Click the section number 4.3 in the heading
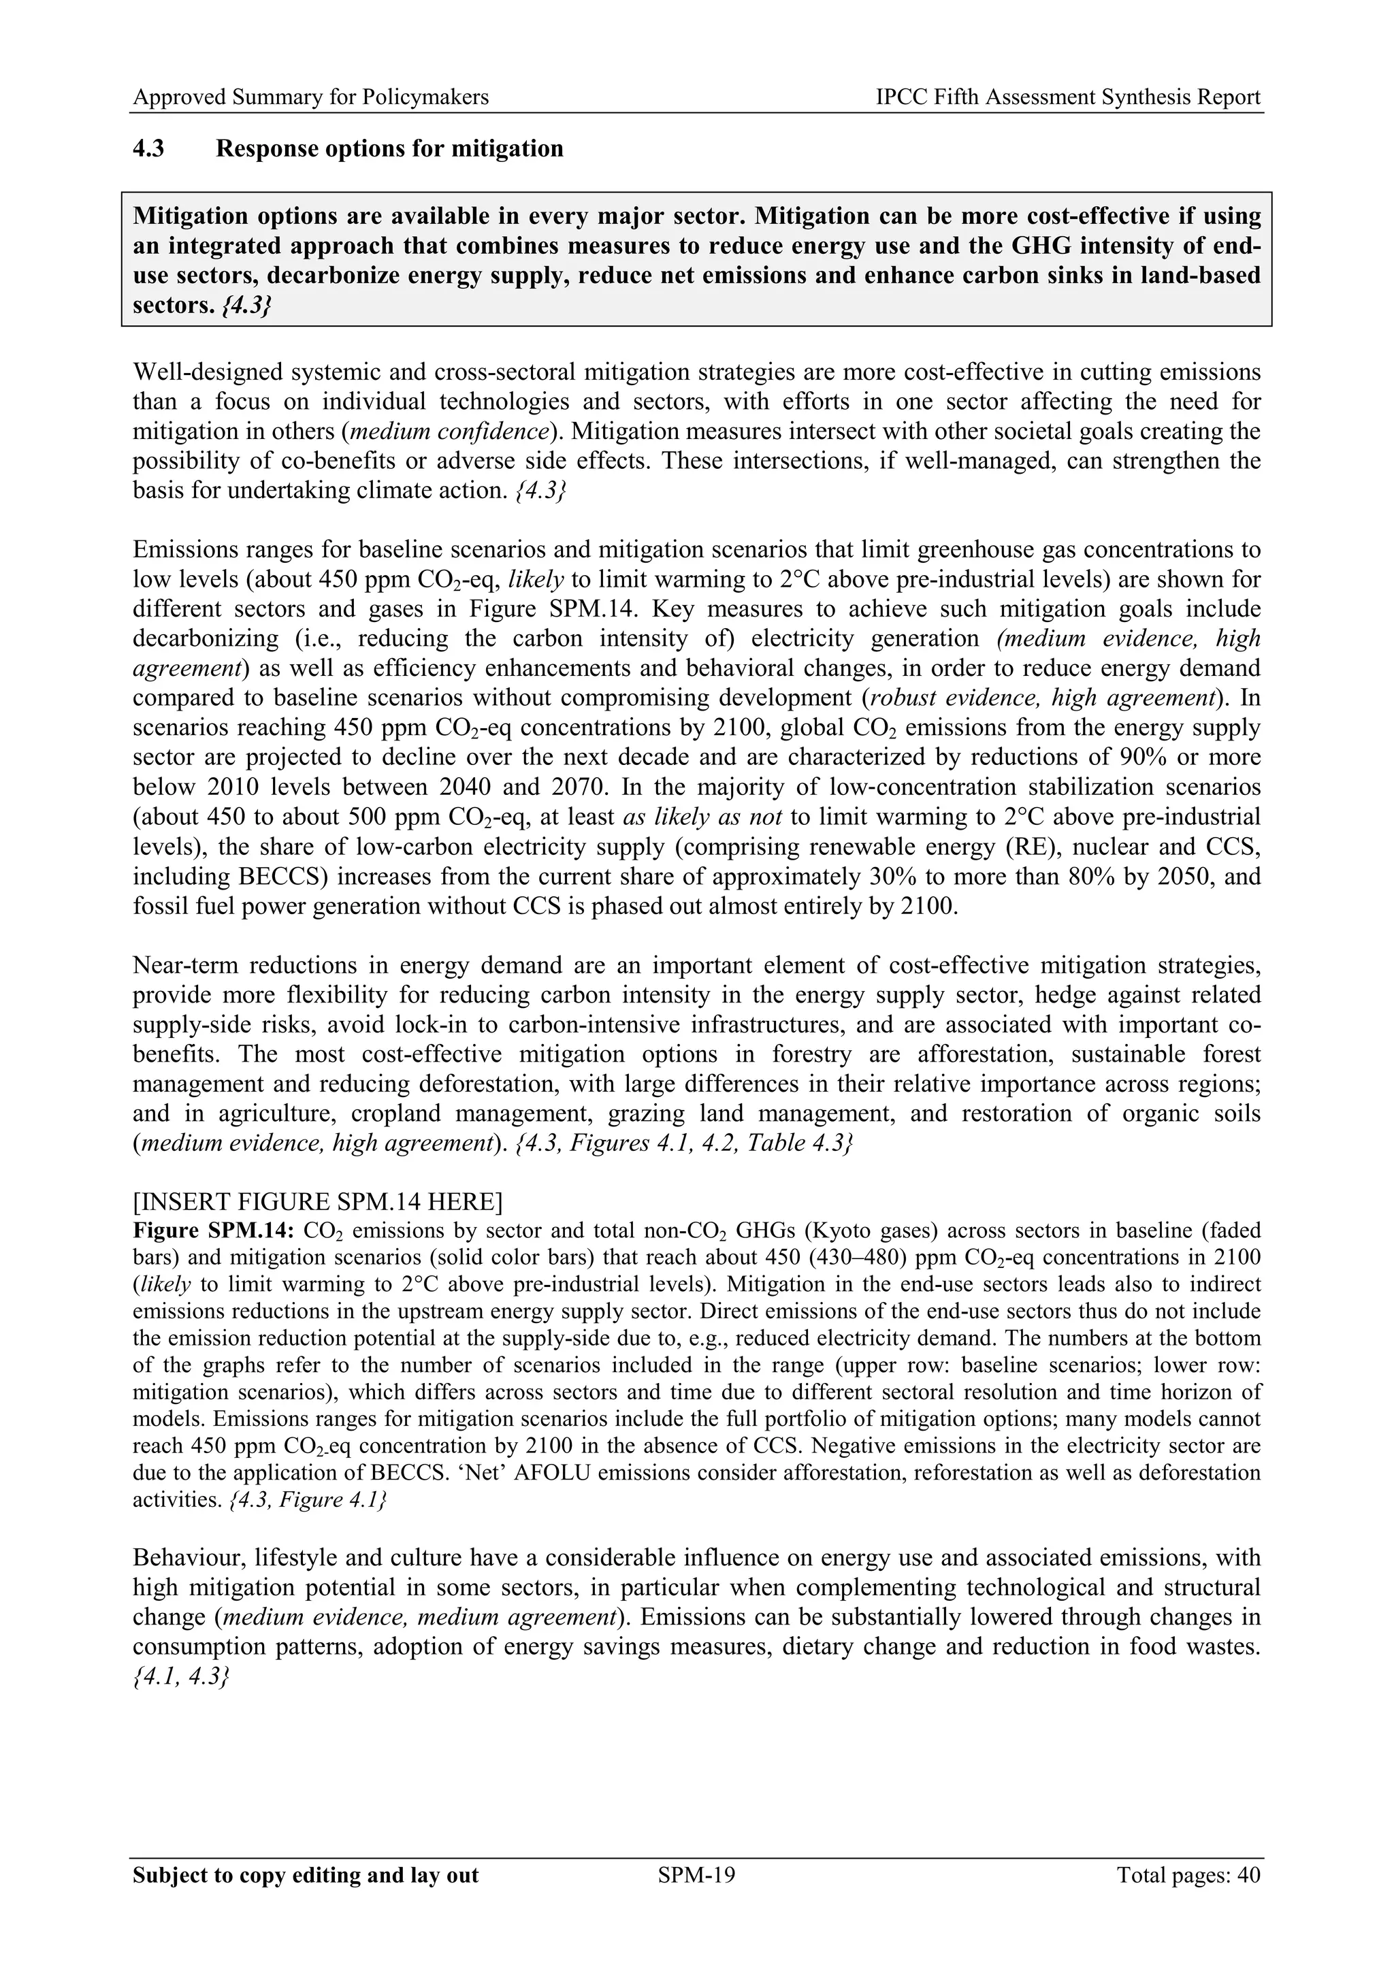(148, 149)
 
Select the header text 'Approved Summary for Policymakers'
(311, 98)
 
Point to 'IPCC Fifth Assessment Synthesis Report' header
(1068, 98)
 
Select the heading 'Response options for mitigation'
(390, 149)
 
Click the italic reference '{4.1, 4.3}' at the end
(181, 1676)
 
